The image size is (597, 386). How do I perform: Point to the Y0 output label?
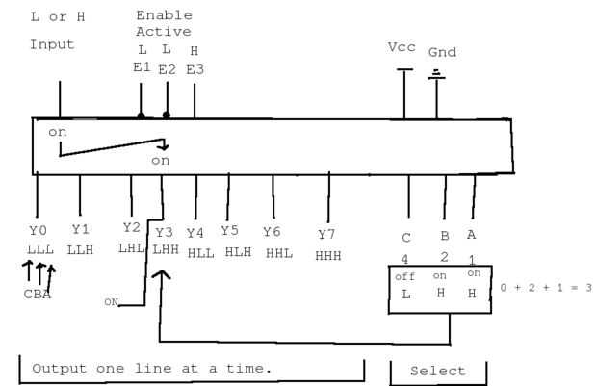[38, 231]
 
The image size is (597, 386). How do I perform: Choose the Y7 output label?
[327, 234]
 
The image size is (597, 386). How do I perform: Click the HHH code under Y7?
[328, 255]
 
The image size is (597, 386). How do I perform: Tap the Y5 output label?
[229, 231]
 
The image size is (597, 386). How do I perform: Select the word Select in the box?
[438, 371]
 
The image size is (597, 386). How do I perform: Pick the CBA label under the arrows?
[38, 295]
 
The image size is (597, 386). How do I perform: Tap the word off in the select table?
[405, 277]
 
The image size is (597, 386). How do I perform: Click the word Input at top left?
[51, 44]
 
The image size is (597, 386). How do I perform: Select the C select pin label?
[406, 237]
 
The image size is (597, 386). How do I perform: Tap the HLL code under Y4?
[200, 252]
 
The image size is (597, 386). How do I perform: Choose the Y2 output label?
[131, 227]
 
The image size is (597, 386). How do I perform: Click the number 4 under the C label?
[406, 258]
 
